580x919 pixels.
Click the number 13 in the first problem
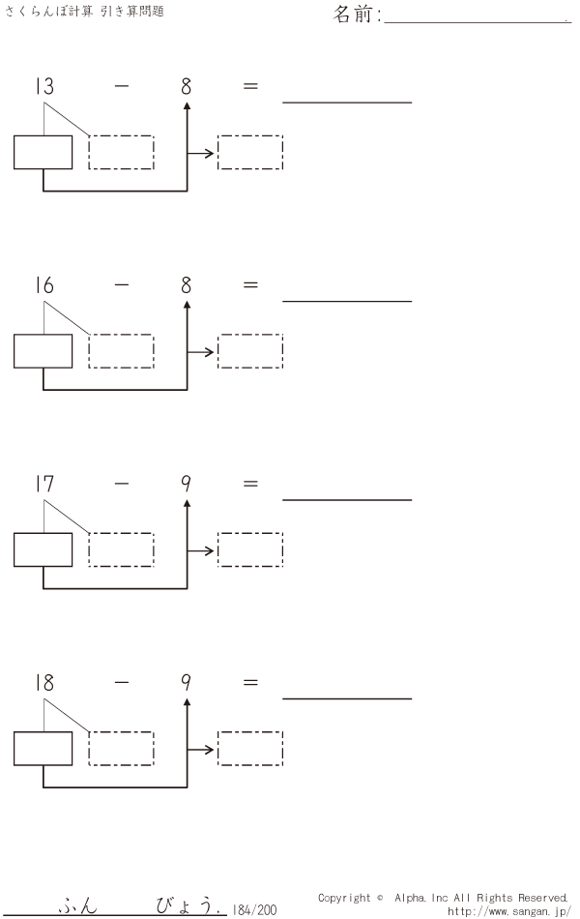pos(44,86)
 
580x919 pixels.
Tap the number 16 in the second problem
pos(44,284)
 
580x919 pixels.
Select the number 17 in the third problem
pos(44,484)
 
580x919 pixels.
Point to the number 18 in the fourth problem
pos(44,682)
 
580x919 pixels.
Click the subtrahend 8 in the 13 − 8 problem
pos(187,86)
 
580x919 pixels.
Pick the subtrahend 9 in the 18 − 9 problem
pos(187,682)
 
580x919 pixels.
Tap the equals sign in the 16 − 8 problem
pos(250,284)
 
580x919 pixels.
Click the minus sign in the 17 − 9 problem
pos(122,484)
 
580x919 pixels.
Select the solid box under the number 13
pos(43,153)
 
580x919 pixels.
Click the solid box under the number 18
pos(43,749)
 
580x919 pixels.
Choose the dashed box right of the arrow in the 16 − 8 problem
pos(250,351)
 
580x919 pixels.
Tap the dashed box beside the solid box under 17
pos(121,549)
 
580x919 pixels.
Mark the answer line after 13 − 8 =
pos(347,102)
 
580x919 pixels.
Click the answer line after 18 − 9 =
pos(347,698)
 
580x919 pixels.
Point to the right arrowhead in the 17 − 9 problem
pos(210,550)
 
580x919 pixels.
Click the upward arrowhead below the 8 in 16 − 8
pos(187,305)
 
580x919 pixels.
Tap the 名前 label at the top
pos(353,14)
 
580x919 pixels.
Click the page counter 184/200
pos(254,909)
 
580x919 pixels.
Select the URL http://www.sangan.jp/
pos(509,911)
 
